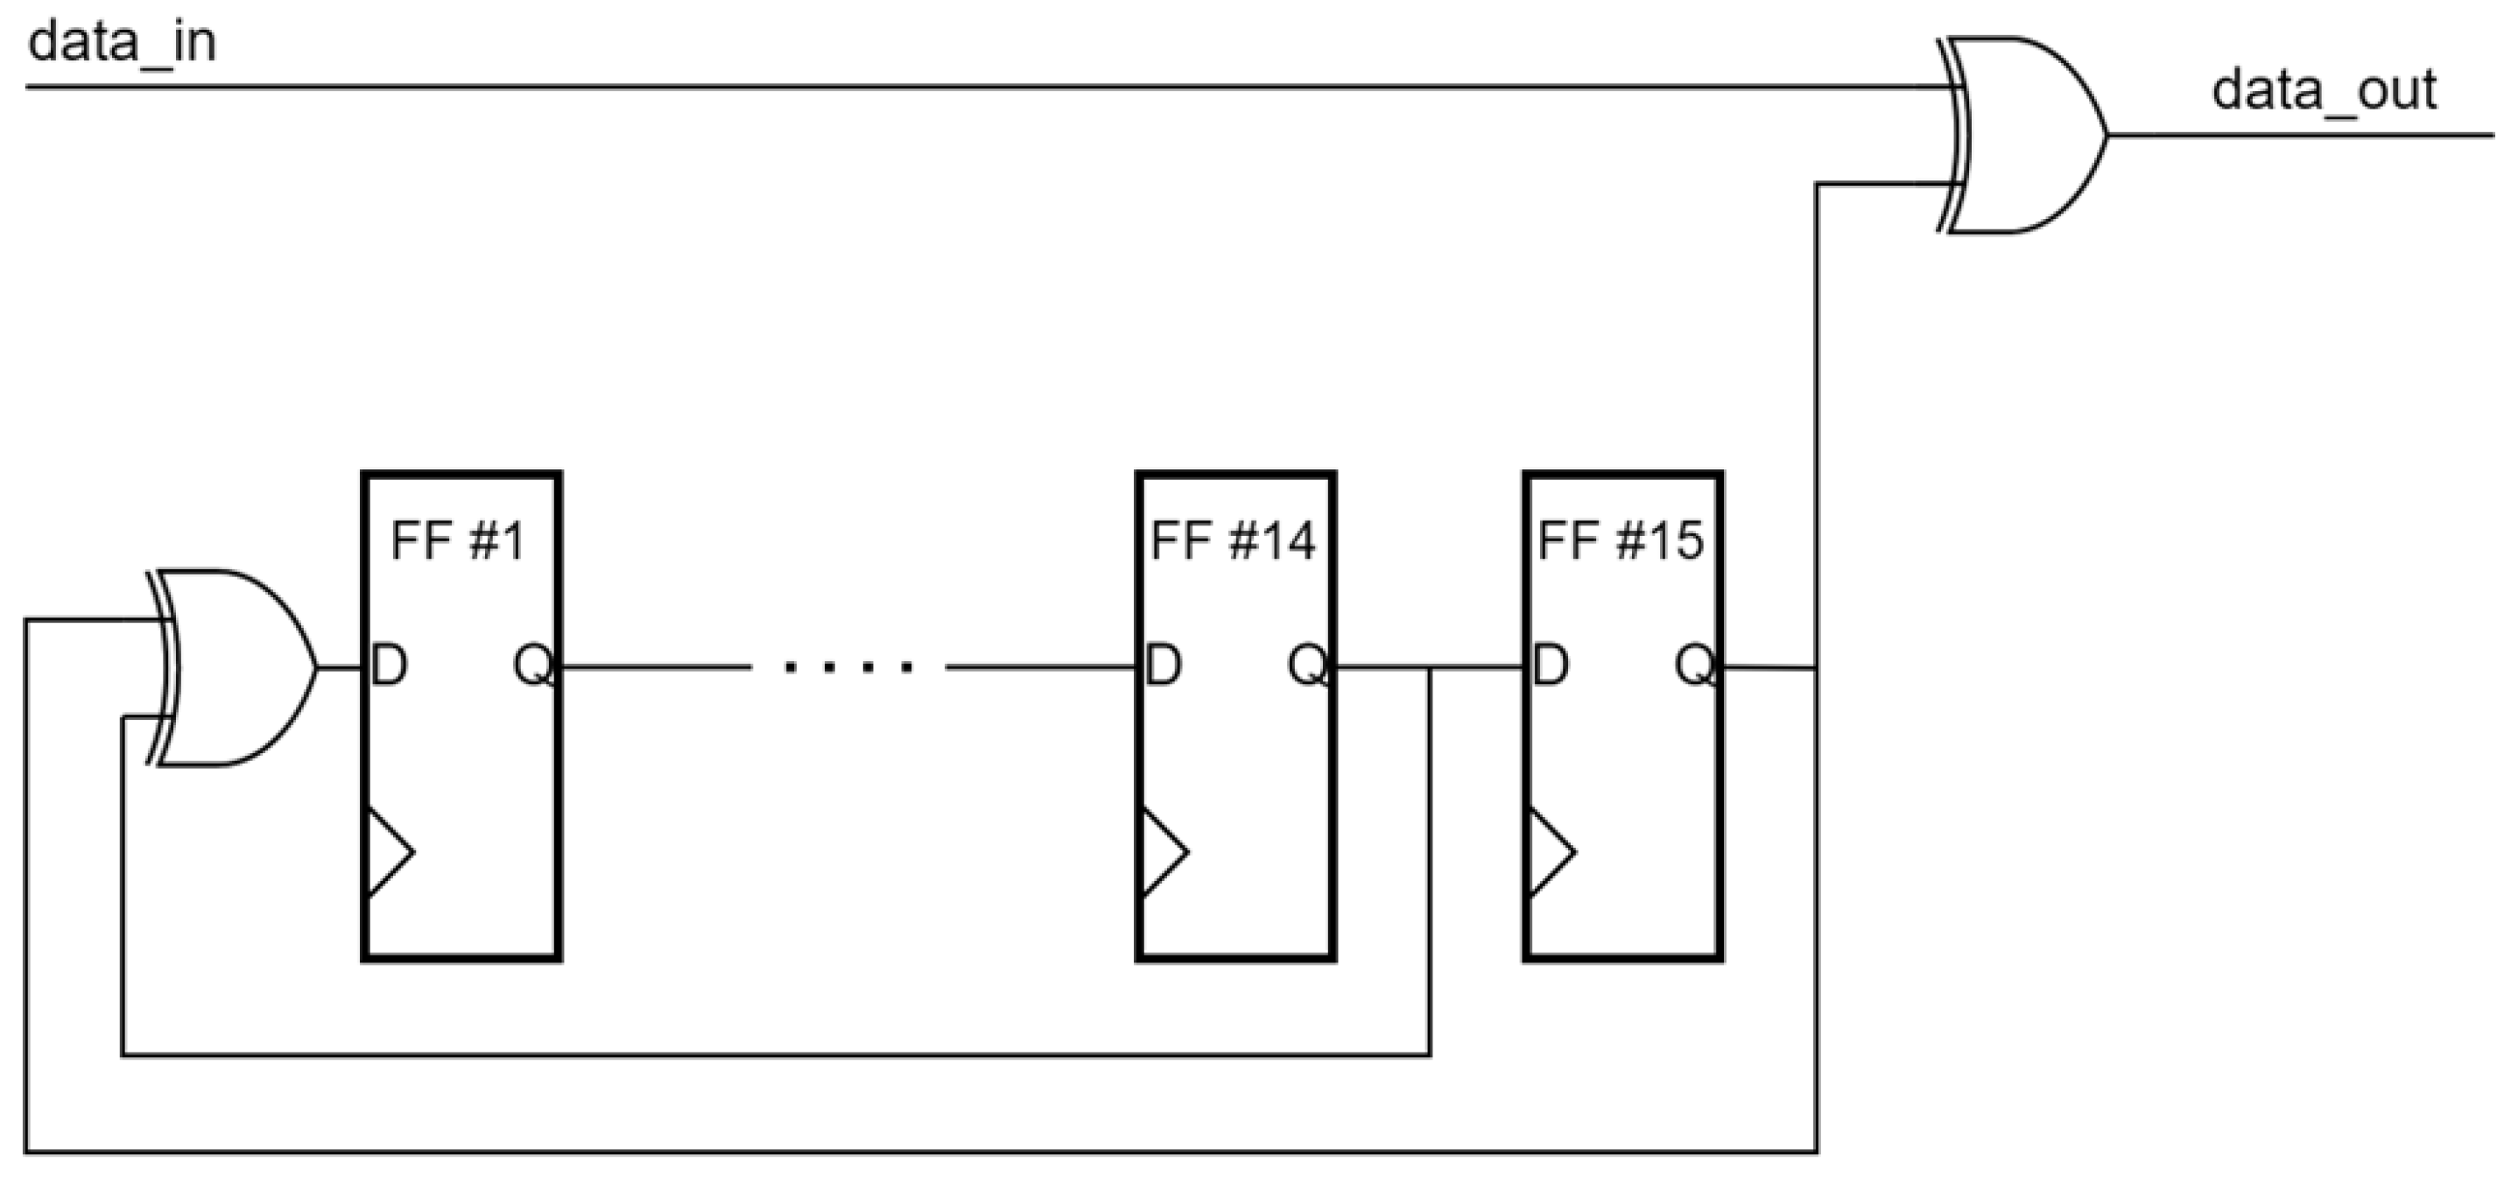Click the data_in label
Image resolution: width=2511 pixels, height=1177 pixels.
click(122, 44)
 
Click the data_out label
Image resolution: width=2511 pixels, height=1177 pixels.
click(2324, 91)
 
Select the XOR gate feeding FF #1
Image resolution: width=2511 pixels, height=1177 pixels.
click(234, 668)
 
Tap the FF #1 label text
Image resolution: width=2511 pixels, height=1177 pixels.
click(457, 540)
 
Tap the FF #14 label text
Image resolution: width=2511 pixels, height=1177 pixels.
click(1232, 540)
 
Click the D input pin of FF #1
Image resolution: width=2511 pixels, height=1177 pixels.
click(389, 667)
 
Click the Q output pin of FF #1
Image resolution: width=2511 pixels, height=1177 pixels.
click(534, 667)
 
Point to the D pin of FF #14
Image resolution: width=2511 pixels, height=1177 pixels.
click(1163, 667)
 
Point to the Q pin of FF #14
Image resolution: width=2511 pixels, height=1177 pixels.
click(1307, 667)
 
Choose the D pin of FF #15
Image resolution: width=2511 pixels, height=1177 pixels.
click(1550, 667)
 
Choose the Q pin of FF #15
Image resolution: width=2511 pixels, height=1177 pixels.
click(1695, 667)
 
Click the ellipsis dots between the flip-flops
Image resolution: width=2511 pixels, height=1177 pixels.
click(849, 668)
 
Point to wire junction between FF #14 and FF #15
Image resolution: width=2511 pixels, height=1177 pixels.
click(1430, 669)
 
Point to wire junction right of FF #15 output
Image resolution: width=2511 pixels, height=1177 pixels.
click(1817, 669)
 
